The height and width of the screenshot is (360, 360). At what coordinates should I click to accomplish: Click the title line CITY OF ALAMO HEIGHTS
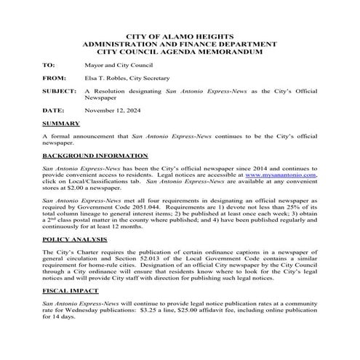tap(180, 36)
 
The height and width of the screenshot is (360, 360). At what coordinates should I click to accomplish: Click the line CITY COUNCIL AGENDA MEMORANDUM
tap(180, 52)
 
